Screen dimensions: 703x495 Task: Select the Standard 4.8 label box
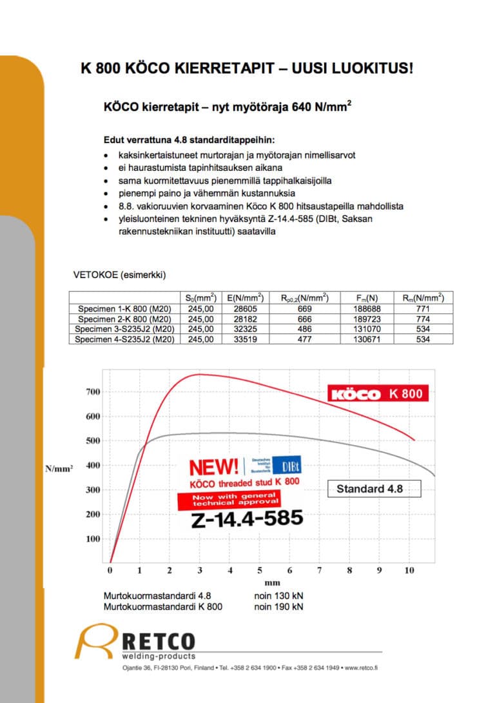point(369,489)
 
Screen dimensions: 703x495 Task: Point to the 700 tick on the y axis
point(93,392)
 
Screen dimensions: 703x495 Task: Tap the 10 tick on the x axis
point(408,570)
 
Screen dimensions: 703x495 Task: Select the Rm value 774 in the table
point(423,319)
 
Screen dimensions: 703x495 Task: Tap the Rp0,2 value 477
point(304,339)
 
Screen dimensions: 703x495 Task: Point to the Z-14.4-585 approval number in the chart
point(247,519)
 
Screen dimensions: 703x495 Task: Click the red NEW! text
point(213,466)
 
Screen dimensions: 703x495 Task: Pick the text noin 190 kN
point(278,606)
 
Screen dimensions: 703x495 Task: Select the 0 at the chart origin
point(110,570)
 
